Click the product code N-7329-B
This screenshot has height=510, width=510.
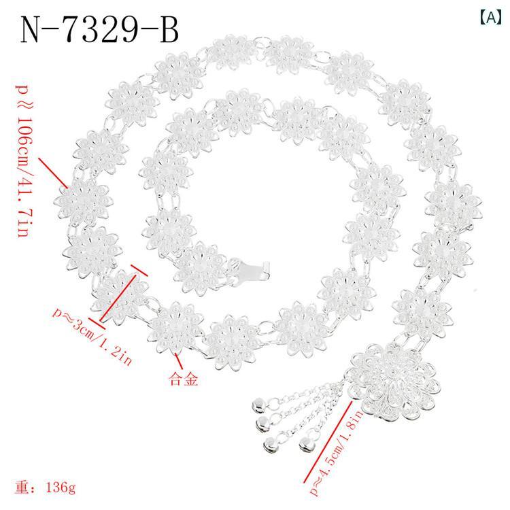point(99,30)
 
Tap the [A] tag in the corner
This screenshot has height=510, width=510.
point(490,18)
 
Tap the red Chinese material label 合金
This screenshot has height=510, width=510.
point(184,379)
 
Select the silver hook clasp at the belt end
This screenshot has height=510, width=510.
point(255,269)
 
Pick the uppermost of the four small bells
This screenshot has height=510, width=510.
point(259,406)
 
